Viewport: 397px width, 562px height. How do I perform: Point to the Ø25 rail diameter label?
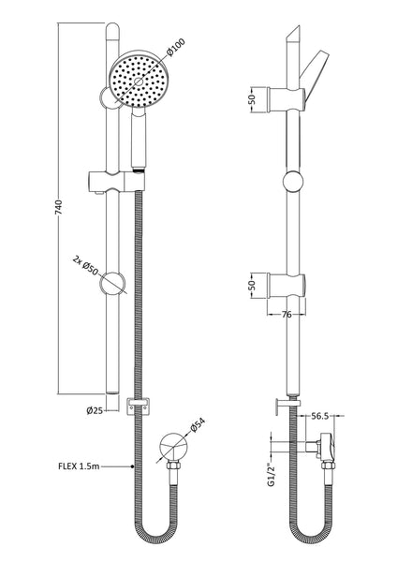coord(94,408)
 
